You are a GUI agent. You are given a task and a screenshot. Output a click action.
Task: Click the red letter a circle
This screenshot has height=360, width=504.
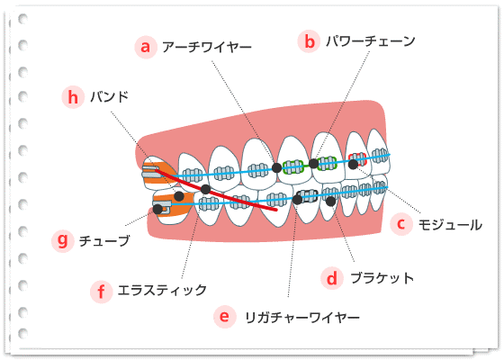(x=146, y=47)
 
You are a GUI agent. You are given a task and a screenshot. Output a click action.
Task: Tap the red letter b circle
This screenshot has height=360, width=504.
(x=309, y=41)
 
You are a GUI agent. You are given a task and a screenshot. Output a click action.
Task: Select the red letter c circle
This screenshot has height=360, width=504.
(x=401, y=224)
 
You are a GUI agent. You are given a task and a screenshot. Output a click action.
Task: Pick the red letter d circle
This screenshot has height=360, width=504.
(x=332, y=278)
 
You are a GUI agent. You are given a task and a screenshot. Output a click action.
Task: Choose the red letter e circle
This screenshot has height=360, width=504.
(x=225, y=317)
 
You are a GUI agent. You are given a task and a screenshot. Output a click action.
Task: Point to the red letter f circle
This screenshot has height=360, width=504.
(x=101, y=292)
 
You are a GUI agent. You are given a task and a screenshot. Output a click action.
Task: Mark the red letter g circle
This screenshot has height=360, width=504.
(x=63, y=240)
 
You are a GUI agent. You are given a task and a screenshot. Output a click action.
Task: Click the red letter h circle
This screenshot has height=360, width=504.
(x=73, y=97)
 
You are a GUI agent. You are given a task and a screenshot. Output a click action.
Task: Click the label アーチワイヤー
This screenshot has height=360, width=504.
(x=207, y=48)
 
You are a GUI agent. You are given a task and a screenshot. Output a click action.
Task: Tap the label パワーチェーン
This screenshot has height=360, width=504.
(x=370, y=41)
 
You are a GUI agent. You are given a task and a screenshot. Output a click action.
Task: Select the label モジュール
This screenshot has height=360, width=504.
(x=450, y=225)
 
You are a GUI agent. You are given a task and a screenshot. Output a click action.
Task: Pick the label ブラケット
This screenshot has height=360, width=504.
(x=382, y=278)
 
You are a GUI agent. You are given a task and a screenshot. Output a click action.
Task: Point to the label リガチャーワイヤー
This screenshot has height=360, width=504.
(x=302, y=318)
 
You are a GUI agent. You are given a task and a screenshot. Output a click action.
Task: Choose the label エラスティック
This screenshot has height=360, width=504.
(x=162, y=290)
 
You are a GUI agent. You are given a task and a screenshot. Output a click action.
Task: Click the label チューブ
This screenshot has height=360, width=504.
(x=104, y=241)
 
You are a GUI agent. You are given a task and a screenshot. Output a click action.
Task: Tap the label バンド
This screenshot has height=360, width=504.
(x=109, y=97)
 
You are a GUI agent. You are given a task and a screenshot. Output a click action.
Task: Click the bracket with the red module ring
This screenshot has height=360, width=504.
(x=357, y=159)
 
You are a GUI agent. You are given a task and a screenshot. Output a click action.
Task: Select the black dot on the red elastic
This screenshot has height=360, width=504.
(x=205, y=189)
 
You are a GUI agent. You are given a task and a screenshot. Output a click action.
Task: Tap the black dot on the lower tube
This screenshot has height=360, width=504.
(x=157, y=209)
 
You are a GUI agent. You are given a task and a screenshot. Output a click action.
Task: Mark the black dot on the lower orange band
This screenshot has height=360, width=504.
(x=179, y=196)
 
